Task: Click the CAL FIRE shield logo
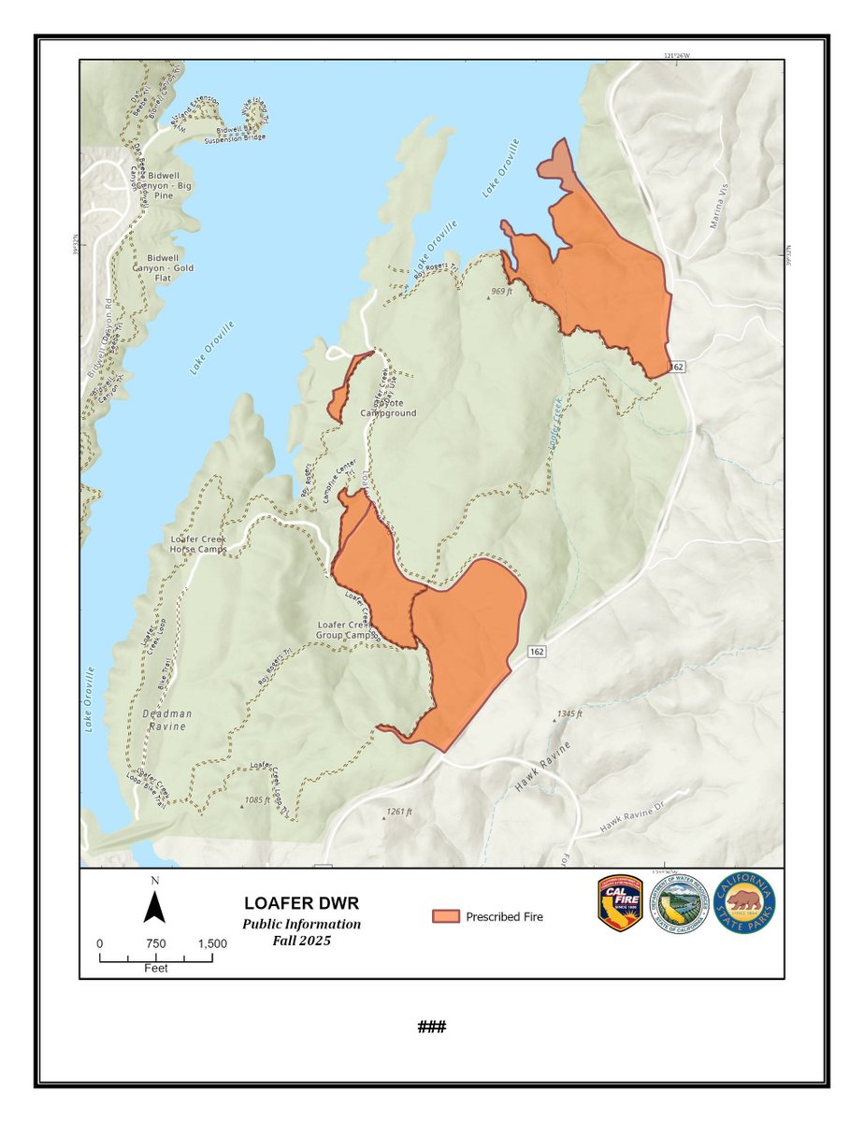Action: (621, 904)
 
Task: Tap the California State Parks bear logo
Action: (745, 904)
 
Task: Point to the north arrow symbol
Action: (155, 903)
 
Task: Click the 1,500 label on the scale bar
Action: (212, 944)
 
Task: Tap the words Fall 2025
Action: (301, 941)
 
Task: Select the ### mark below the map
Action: (431, 1027)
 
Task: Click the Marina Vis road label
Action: (718, 211)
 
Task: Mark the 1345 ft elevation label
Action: (569, 713)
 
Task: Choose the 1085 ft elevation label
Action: (254, 800)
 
